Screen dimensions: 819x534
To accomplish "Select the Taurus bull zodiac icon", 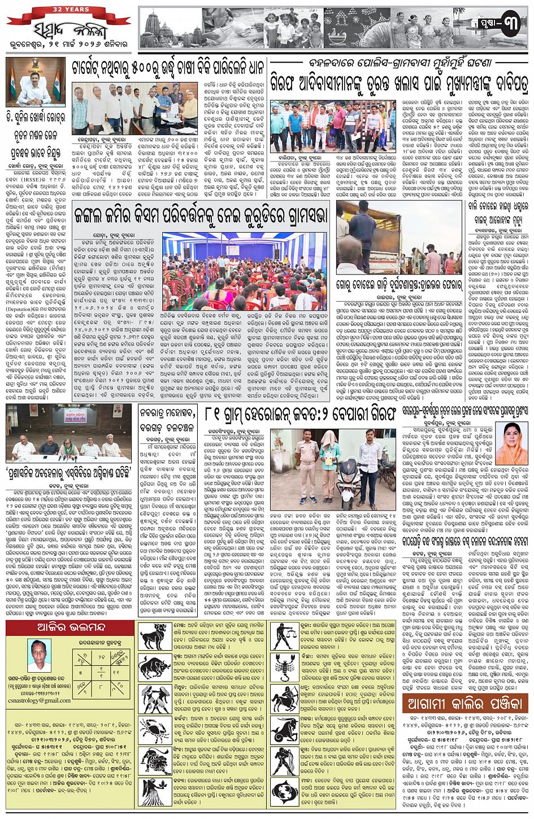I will coord(154,666).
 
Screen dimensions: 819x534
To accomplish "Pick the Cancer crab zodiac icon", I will coord(154,729).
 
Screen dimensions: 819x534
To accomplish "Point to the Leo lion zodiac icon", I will coord(154,760).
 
